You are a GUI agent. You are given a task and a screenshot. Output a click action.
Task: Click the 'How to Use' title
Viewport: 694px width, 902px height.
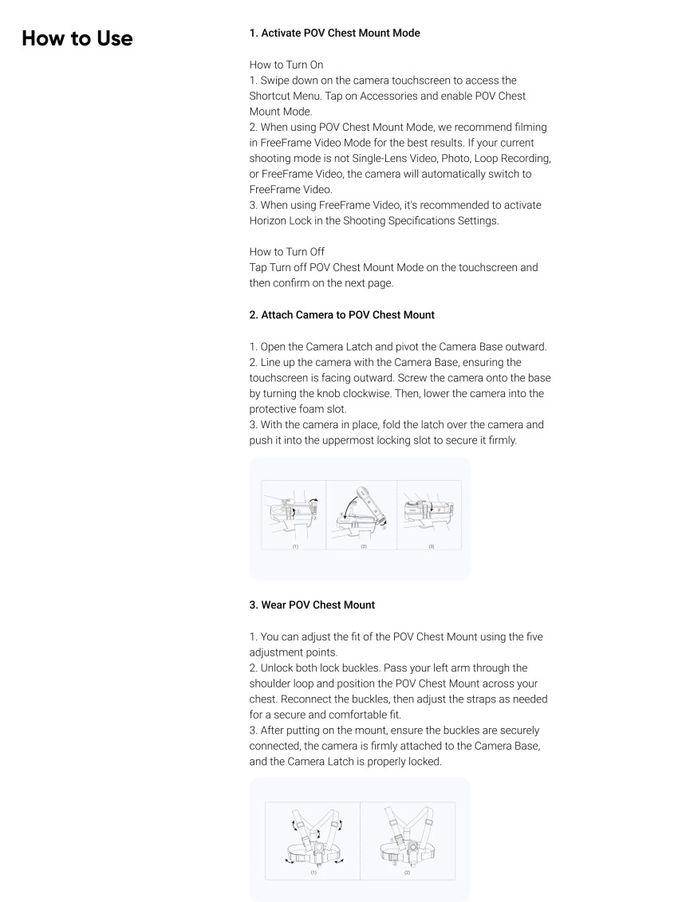click(x=77, y=38)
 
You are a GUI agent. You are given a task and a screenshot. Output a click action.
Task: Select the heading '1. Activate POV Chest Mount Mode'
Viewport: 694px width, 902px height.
click(x=335, y=33)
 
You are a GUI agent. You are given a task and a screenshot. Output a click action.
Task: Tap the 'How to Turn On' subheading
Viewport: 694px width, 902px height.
click(x=286, y=65)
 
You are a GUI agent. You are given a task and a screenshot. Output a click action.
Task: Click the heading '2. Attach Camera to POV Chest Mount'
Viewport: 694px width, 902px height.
click(x=342, y=314)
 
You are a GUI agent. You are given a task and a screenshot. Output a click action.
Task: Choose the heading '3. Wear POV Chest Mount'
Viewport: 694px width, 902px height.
click(x=312, y=605)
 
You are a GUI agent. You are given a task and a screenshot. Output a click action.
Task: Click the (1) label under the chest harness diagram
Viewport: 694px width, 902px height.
click(x=312, y=872)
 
